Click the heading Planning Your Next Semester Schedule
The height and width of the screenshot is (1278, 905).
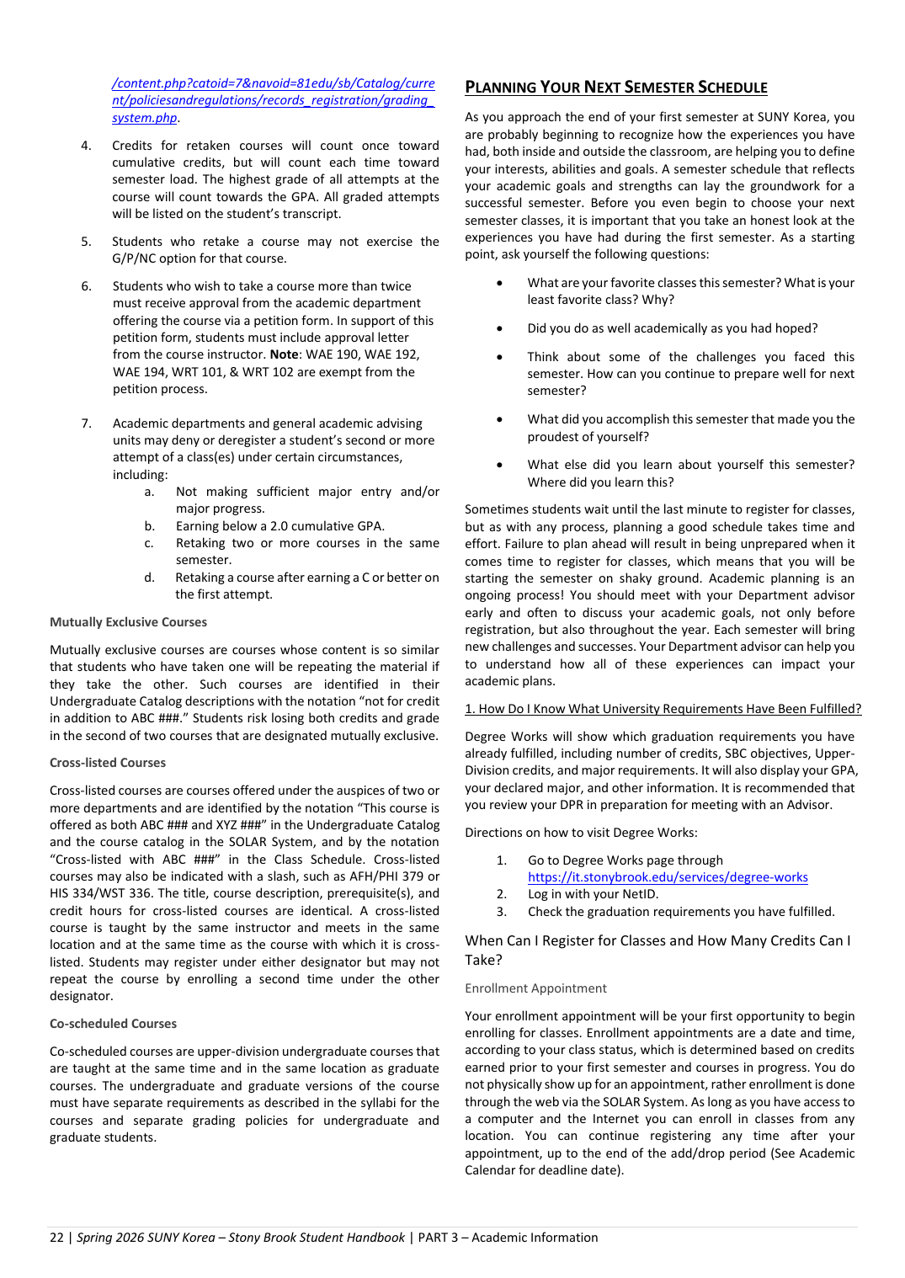pyautogui.click(x=615, y=88)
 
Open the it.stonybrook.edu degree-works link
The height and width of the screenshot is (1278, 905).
pyautogui.click(x=667, y=877)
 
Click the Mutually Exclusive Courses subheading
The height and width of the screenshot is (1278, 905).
pyautogui.click(x=128, y=622)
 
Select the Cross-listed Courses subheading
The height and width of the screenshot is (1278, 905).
pyautogui.click(x=108, y=763)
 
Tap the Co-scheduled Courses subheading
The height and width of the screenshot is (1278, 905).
pyautogui.click(x=113, y=1024)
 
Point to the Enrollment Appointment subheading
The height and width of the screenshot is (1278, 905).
pyautogui.click(x=535, y=988)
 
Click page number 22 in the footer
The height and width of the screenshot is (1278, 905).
pyautogui.click(x=56, y=1238)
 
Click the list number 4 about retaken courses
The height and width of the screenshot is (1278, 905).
pyautogui.click(x=86, y=146)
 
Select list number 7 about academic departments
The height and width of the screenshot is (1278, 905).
pyautogui.click(x=86, y=423)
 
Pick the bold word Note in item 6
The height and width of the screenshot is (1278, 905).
pyautogui.click(x=284, y=354)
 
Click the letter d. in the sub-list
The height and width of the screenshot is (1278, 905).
pyautogui.click(x=149, y=578)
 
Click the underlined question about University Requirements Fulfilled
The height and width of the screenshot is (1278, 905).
pyautogui.click(x=663, y=709)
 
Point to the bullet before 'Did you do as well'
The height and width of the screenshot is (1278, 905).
pyautogui.click(x=500, y=329)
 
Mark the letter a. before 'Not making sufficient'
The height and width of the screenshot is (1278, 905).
pyautogui.click(x=149, y=492)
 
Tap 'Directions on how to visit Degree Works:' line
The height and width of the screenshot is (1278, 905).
pyautogui.click(x=581, y=833)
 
